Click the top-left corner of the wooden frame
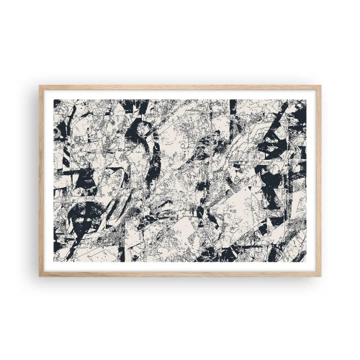click(x=40, y=86)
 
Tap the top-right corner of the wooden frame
click(x=320, y=86)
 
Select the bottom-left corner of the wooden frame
click(x=40, y=274)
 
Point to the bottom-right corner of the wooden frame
click(x=320, y=274)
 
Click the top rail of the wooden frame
click(x=180, y=86)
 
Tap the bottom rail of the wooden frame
click(x=180, y=274)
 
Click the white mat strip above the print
click(x=180, y=94)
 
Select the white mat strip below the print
click(x=180, y=266)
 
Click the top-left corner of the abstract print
click(x=54, y=99)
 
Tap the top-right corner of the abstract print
click(x=306, y=99)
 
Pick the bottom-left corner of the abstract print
click(x=54, y=261)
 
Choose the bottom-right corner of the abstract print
click(x=306, y=261)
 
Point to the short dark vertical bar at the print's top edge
click(x=232, y=107)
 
